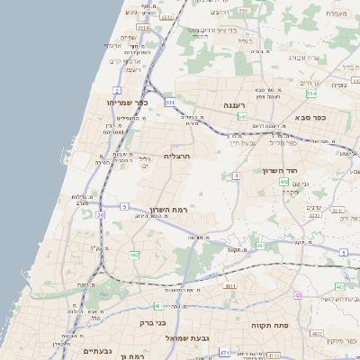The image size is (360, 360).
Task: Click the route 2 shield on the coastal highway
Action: (117, 91)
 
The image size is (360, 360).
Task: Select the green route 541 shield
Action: (242, 117)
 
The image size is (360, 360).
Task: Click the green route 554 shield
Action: (311, 93)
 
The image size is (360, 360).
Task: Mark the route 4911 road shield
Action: (230, 286)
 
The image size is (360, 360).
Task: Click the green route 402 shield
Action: (284, 183)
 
